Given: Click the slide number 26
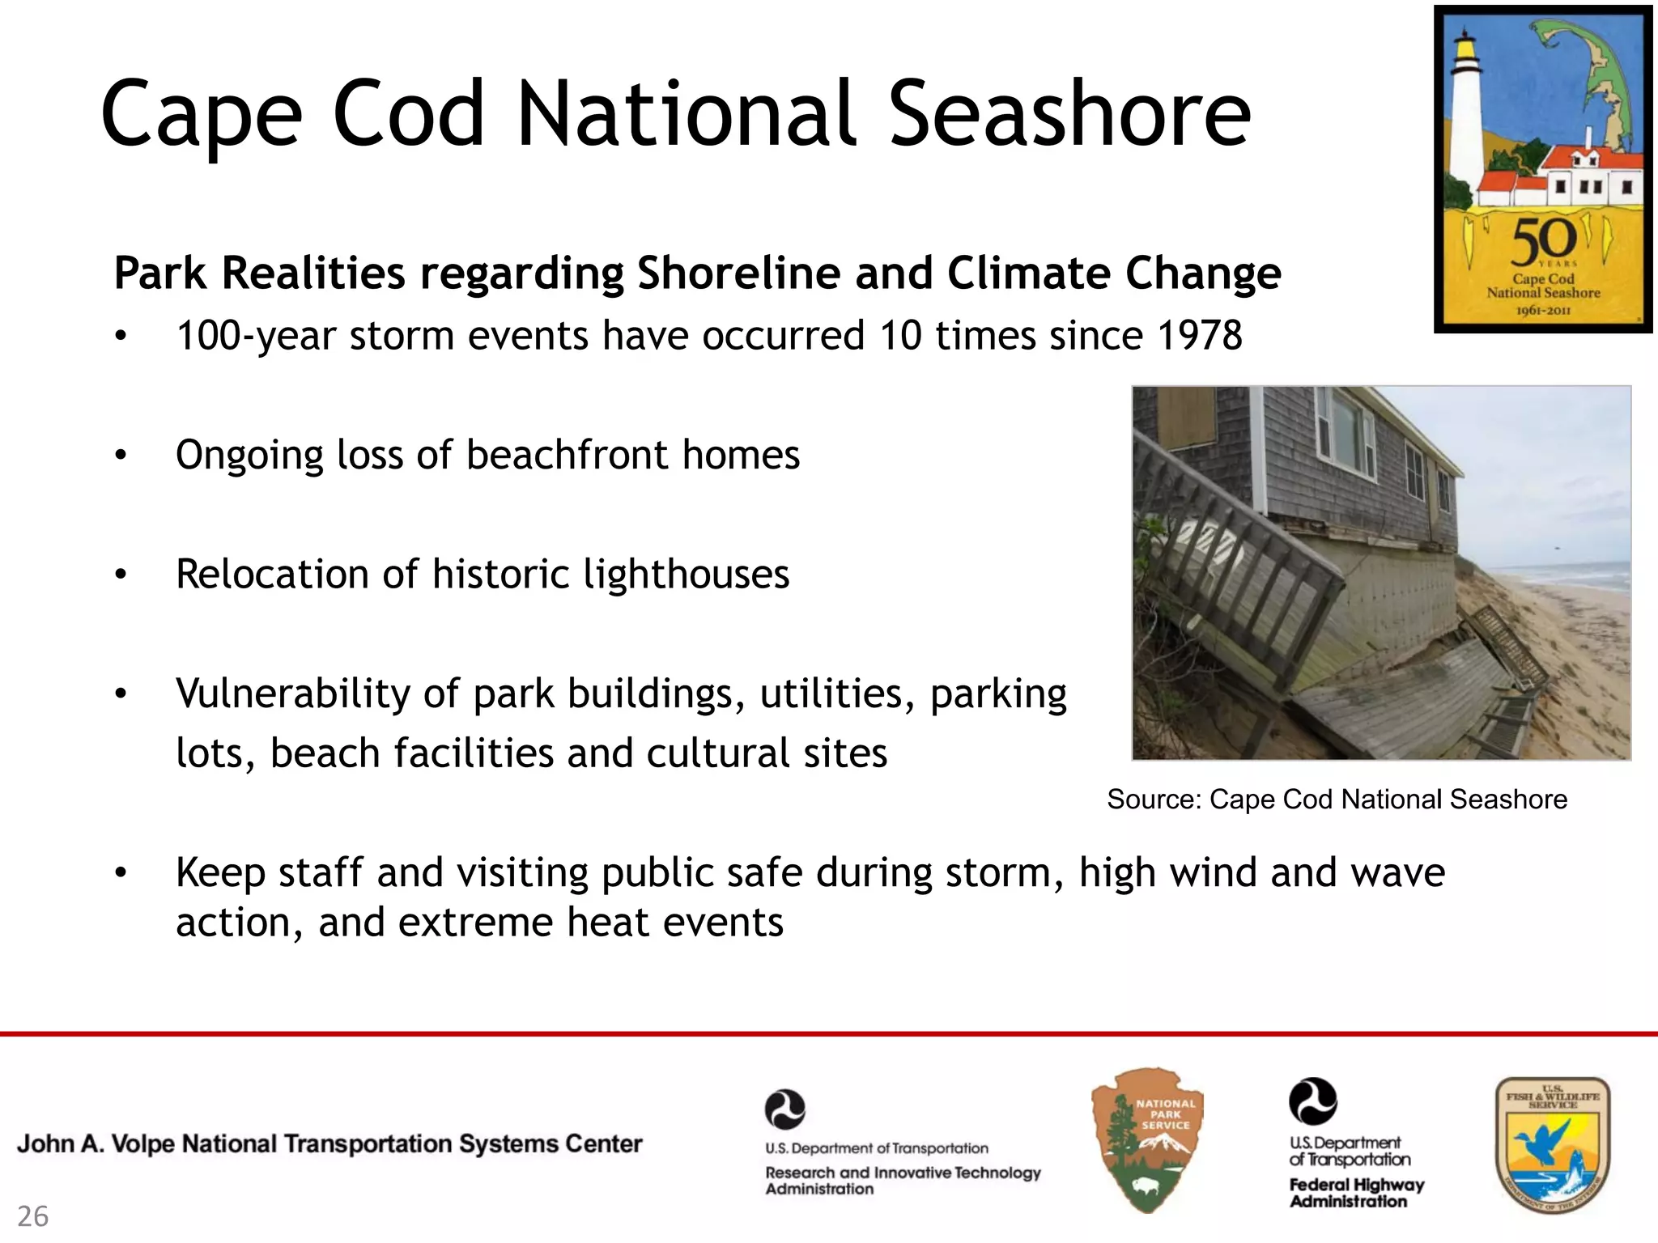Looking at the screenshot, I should coord(32,1216).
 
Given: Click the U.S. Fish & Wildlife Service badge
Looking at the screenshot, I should coord(1552,1144).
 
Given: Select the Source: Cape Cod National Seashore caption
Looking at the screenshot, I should coord(1337,800).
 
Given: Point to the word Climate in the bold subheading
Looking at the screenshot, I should coord(1028,273).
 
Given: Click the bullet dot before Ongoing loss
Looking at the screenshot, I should coord(121,456).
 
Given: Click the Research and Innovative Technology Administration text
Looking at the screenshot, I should coord(902,1180).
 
